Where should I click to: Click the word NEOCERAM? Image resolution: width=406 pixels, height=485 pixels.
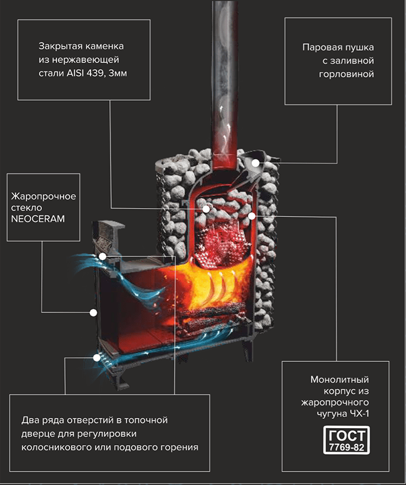[x=36, y=218]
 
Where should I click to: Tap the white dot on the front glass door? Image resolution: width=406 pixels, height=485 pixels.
[x=93, y=313]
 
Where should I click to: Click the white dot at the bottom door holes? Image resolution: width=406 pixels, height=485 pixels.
[x=96, y=358]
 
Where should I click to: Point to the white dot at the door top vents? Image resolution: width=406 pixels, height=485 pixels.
[x=103, y=256]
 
